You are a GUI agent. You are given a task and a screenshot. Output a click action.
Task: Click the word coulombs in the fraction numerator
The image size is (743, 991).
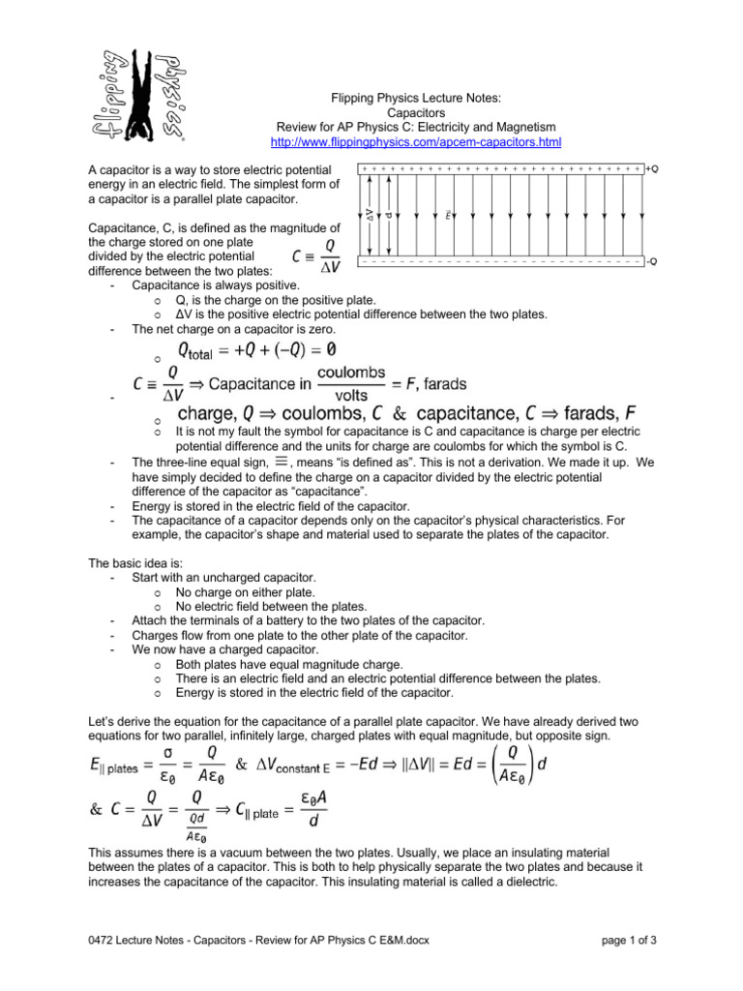pyautogui.click(x=357, y=372)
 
